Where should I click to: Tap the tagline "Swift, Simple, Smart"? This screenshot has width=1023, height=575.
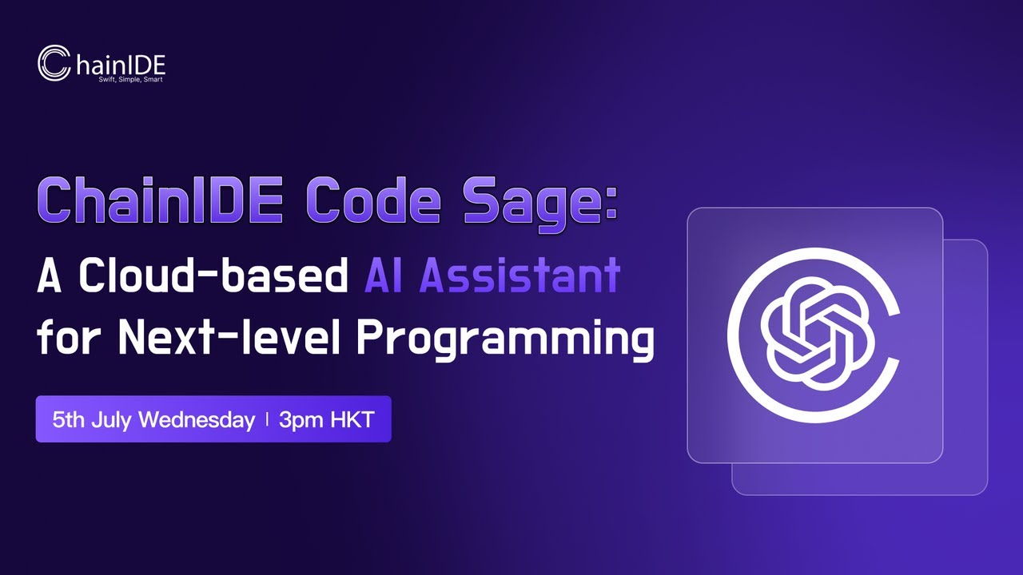pos(130,80)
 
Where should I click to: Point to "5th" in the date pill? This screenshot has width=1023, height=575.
pos(68,419)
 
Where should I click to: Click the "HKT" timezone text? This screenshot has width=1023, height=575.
pos(352,419)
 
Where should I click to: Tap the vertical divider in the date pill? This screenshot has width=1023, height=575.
pos(267,419)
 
